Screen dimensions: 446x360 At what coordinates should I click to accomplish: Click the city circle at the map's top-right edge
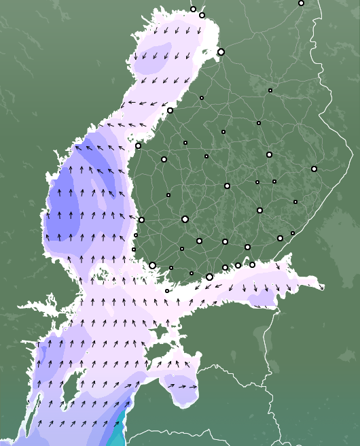tap(301, 3)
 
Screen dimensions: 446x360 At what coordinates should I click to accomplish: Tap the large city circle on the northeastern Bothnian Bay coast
tap(221, 52)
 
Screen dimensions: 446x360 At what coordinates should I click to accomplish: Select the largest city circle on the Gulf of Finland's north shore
tap(209, 277)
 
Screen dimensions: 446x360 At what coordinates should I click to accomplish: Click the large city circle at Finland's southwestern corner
tap(152, 265)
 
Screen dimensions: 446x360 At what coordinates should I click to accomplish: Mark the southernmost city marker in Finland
tap(167, 291)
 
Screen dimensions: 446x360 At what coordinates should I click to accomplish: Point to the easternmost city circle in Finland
tap(314, 169)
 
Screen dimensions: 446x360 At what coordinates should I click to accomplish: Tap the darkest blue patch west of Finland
tap(65, 204)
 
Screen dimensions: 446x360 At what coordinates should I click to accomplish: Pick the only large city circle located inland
tap(185, 219)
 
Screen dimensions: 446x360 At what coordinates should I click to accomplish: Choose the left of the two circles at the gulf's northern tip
tap(193, 10)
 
